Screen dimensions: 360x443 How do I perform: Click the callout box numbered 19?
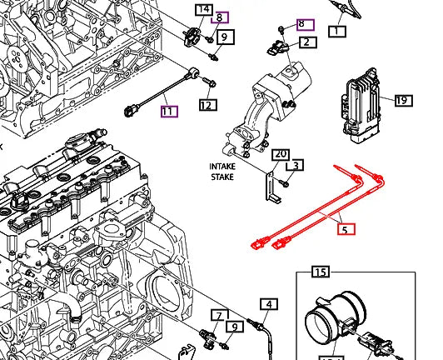point(401,101)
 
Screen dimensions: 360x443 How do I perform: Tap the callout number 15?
point(321,272)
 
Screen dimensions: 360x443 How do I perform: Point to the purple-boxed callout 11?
point(168,111)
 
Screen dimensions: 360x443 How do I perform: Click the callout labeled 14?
point(203,10)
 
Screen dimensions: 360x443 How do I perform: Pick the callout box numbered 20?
point(281,154)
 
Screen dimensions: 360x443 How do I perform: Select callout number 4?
point(268,304)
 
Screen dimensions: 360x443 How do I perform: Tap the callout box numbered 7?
point(218,315)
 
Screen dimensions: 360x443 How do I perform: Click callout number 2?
point(306,42)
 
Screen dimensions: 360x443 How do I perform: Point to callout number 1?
point(336,32)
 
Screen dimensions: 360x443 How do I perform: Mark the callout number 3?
point(296,166)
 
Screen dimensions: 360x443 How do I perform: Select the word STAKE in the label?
point(223,177)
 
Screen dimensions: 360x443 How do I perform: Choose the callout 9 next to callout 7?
point(236,327)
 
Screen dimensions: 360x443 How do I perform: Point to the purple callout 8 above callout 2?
point(301,25)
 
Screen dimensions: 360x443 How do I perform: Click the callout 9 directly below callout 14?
point(223,37)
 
